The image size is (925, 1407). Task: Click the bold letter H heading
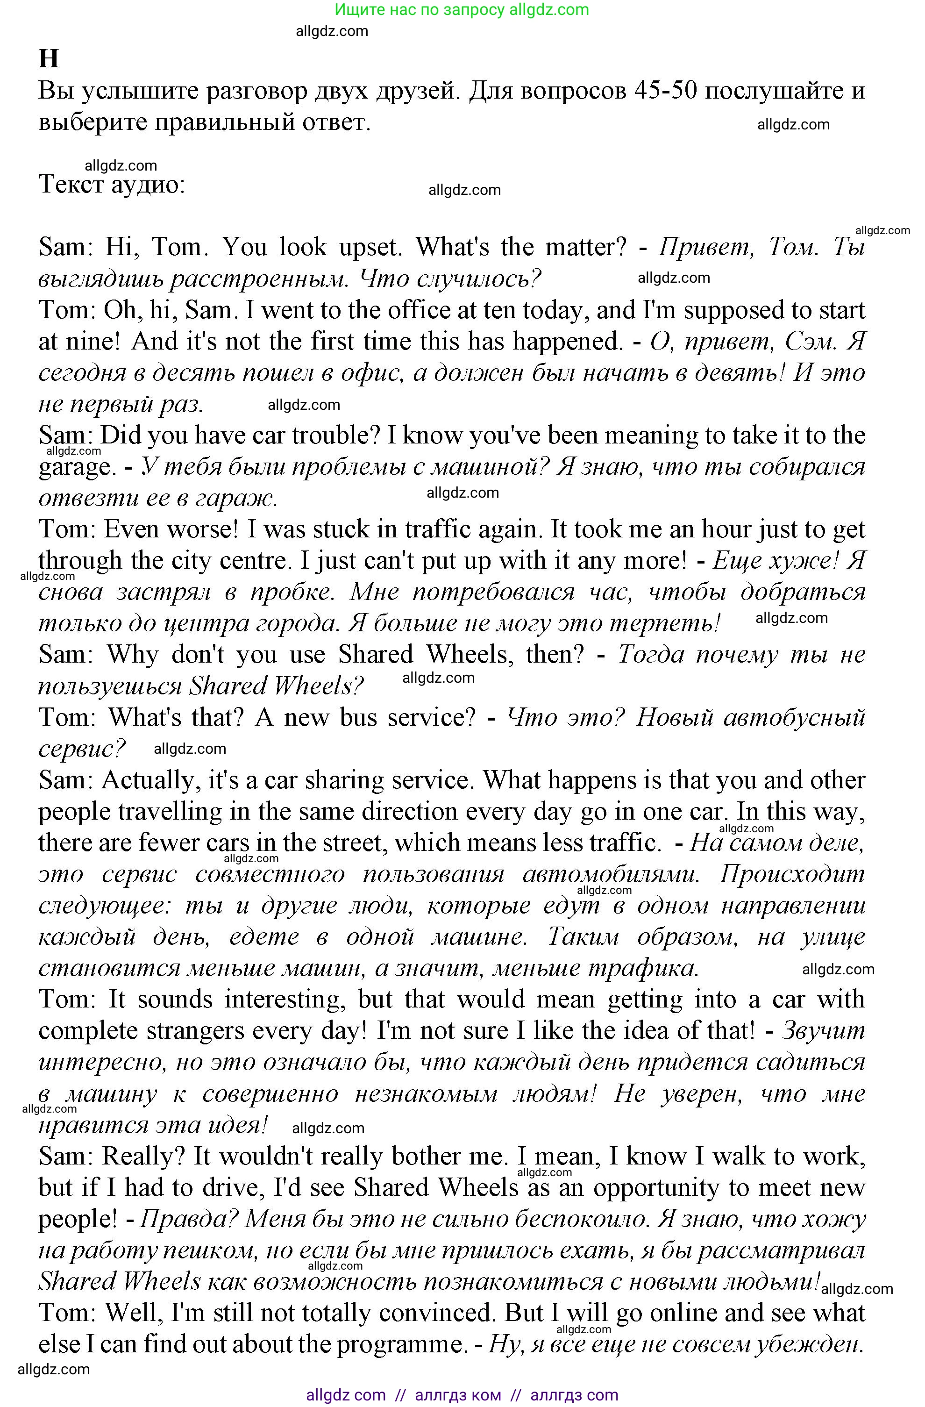point(49,59)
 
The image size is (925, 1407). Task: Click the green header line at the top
point(462,9)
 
